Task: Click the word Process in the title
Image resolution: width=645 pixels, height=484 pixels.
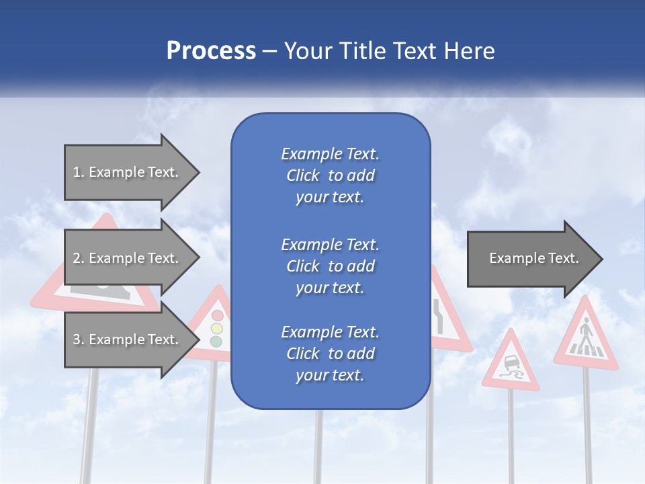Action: [211, 51]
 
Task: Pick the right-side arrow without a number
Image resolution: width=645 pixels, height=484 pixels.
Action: [534, 258]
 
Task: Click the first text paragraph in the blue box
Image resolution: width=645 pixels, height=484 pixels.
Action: [330, 175]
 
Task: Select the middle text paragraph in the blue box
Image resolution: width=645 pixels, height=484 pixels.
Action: [330, 266]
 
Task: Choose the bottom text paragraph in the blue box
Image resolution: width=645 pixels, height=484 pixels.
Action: [330, 354]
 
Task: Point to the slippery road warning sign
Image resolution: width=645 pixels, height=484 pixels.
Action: [510, 366]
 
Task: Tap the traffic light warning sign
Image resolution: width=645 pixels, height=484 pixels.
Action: [214, 326]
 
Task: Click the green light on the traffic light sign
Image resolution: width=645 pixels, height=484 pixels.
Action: [216, 341]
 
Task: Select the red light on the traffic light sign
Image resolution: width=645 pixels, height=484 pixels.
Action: [216, 315]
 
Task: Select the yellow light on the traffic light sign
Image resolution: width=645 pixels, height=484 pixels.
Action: [216, 329]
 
